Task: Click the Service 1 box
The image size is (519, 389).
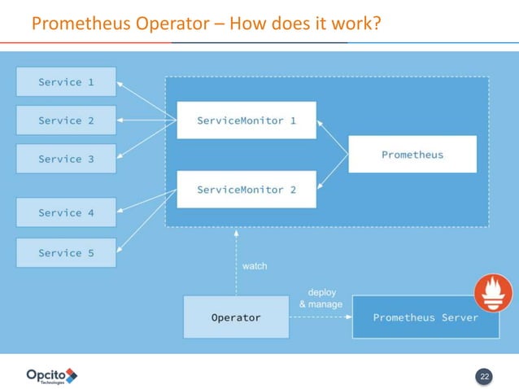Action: tap(66, 81)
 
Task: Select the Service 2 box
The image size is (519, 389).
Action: tap(66, 120)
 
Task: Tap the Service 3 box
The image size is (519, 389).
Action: tap(66, 159)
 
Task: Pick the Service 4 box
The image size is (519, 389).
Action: tap(66, 213)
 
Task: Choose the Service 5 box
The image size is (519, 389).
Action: tap(66, 253)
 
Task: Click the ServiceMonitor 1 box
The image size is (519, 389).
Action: tap(246, 120)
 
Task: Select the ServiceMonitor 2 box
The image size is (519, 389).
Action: tap(246, 190)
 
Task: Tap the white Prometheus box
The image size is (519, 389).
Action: tap(412, 155)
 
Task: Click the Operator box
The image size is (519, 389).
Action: tap(236, 317)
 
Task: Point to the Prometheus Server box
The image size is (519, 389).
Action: tap(425, 317)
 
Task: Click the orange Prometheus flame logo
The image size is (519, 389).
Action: tap(494, 293)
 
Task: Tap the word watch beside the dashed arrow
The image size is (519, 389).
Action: tap(255, 266)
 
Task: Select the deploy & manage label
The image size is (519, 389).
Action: tap(321, 298)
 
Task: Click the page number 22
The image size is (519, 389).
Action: tap(485, 376)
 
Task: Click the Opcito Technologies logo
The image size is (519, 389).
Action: tap(51, 375)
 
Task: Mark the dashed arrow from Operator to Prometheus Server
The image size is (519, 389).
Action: tap(320, 317)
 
